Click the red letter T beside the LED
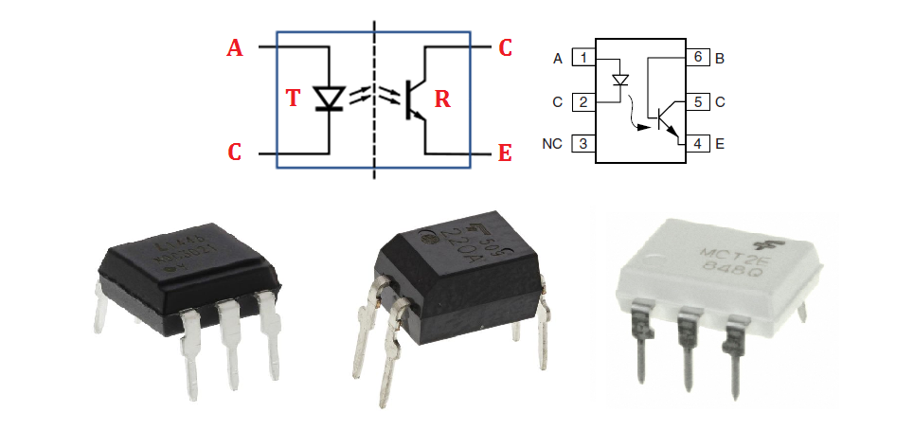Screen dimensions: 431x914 coord(294,98)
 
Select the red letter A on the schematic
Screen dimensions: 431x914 coord(235,47)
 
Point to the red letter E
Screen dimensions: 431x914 coord(506,153)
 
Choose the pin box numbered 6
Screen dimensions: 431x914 coord(697,59)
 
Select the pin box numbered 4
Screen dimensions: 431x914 coord(697,144)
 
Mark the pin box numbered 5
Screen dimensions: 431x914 coord(697,101)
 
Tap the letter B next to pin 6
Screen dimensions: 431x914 coord(721,59)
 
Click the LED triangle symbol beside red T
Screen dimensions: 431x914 coord(330,98)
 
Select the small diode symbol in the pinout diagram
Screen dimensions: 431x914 coord(620,81)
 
